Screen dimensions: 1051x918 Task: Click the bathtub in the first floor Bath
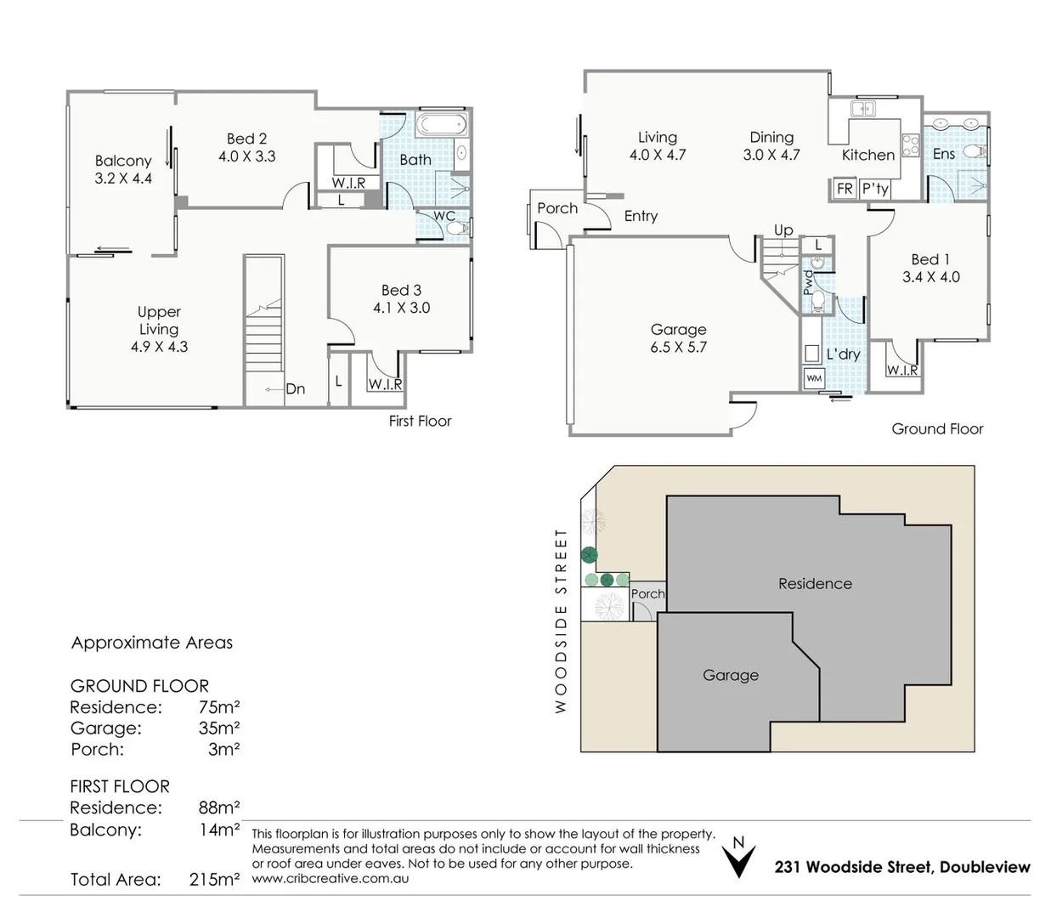coord(441,124)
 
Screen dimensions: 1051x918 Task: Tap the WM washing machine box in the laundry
coord(814,378)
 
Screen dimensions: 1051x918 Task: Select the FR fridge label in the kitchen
coord(845,189)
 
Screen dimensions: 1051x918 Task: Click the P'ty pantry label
coord(875,189)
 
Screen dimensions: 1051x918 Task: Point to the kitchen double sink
coord(862,109)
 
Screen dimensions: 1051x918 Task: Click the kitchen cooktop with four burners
coord(910,144)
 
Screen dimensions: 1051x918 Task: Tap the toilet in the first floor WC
coord(456,228)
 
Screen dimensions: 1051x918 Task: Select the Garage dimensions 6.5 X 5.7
coord(678,348)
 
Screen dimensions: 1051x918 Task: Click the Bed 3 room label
coord(401,290)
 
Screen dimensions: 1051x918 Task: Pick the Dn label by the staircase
coord(296,389)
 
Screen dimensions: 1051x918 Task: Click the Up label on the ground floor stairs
coord(783,230)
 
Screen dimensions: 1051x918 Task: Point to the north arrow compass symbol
coord(738,858)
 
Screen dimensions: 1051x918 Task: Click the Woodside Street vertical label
coord(561,621)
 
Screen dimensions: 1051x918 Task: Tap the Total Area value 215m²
coord(214,880)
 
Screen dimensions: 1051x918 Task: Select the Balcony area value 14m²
coord(219,830)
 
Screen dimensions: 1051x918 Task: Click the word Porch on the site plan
coord(647,594)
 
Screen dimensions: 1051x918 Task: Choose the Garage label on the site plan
coord(731,675)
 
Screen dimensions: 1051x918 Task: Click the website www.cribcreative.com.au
coord(331,878)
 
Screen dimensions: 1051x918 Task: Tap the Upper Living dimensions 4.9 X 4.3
coord(159,347)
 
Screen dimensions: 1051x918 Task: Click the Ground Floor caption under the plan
coord(937,429)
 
